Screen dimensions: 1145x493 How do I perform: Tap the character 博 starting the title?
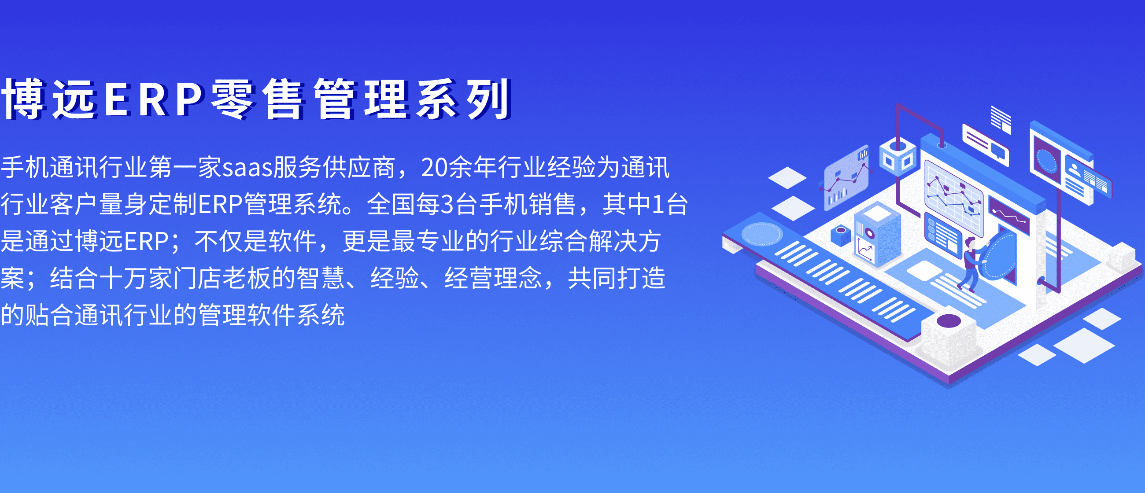pos(24,99)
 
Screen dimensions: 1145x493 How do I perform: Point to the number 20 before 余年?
pos(434,168)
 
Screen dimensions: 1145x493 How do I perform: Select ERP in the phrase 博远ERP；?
pos(146,242)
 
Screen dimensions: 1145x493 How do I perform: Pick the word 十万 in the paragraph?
pos(123,279)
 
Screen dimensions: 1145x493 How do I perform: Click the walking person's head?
pos(969,243)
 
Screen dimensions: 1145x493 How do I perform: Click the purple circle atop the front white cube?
pos(949,321)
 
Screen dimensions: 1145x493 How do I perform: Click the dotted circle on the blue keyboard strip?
pos(762,234)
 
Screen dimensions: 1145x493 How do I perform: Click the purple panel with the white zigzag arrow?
pos(1008,214)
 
